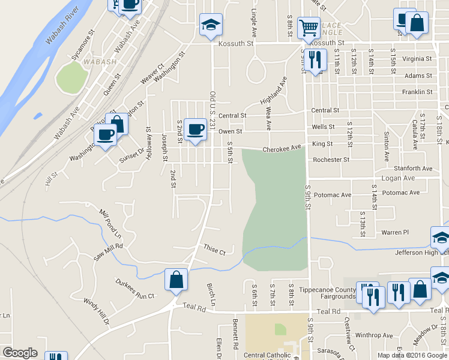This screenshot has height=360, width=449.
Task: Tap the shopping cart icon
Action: tap(309, 26)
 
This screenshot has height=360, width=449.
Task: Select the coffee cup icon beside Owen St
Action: tap(194, 129)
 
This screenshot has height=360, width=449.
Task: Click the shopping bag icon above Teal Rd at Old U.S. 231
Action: tap(176, 280)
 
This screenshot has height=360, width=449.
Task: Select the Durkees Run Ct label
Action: tap(135, 288)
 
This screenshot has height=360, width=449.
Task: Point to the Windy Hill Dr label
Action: tap(97, 312)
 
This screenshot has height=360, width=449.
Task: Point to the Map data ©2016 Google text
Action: tap(412, 355)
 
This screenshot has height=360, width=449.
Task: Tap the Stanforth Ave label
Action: tap(414, 169)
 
